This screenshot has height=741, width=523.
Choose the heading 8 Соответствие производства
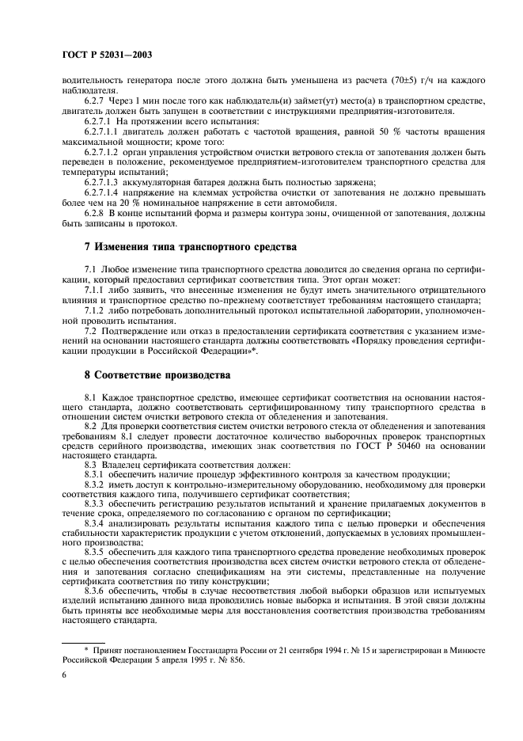pos(157,374)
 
